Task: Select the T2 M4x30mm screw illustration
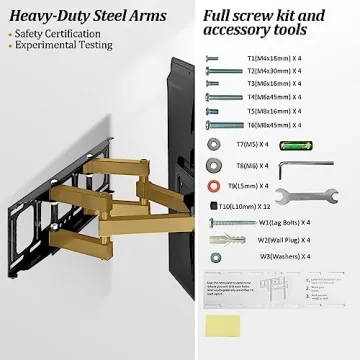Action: click(224, 72)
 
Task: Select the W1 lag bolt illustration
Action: click(225, 222)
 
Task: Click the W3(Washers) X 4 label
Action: click(284, 257)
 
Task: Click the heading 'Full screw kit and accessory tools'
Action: click(265, 25)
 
